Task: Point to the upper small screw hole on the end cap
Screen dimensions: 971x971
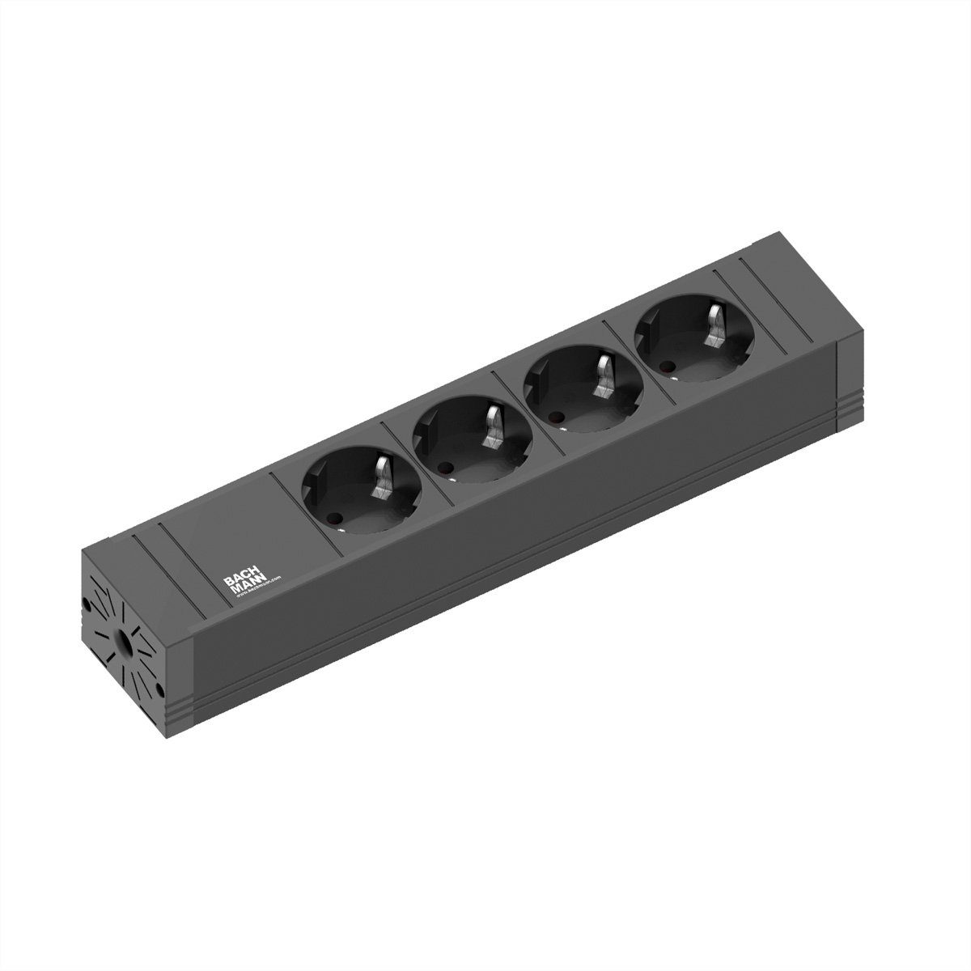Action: [x=87, y=603]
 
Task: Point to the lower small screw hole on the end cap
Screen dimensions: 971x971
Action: [x=160, y=690]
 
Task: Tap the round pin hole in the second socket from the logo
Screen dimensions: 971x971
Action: [x=444, y=467]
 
